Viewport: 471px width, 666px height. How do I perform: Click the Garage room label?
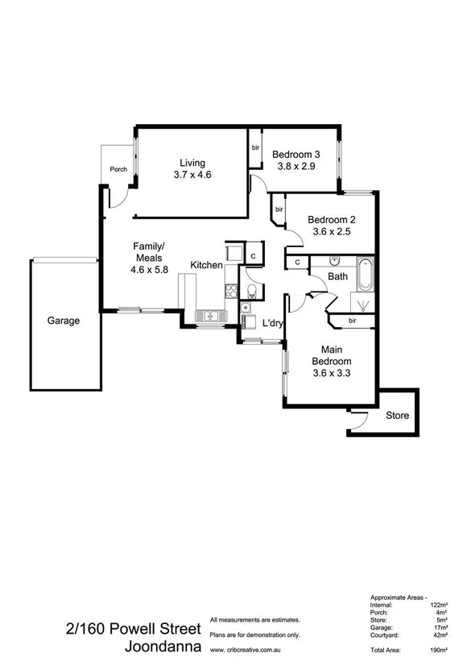pos(63,321)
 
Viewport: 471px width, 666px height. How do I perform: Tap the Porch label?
pos(118,169)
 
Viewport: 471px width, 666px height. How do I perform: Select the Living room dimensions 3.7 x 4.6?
pos(192,175)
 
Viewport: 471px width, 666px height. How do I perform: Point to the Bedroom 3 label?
pos(295,155)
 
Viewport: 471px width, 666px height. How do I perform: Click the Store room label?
pos(397,416)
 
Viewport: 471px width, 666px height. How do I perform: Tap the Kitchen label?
pos(206,265)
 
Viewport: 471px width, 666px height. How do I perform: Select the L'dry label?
pos(273,324)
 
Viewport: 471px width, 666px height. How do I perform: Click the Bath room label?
pos(337,277)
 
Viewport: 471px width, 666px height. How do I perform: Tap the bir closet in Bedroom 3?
pos(255,148)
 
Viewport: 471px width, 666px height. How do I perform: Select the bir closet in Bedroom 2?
pos(279,209)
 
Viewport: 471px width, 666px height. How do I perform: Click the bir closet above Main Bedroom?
pos(352,321)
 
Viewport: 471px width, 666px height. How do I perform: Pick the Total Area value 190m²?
pos(440,648)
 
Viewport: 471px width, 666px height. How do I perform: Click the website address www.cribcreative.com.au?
pos(253,647)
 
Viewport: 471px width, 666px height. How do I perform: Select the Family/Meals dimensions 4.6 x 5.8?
pos(149,270)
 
